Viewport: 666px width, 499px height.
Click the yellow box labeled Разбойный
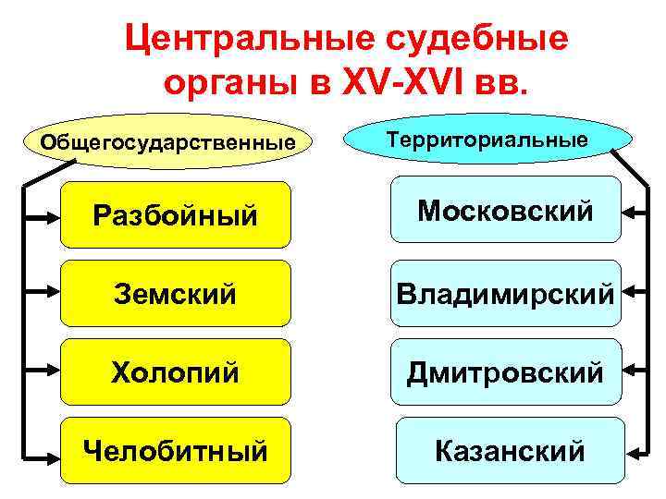[x=176, y=215]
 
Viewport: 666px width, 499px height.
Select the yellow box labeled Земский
[x=176, y=294]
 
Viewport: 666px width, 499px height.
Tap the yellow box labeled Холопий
[x=176, y=371]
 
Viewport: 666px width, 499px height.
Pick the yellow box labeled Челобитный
[x=176, y=450]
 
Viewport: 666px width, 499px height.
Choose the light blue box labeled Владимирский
[x=505, y=294]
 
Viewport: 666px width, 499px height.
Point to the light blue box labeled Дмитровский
[x=505, y=371]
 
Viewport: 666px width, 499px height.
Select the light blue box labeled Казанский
[x=509, y=450]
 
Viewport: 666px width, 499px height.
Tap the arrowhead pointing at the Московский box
[x=630, y=213]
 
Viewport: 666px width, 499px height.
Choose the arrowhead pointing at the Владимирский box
[x=630, y=294]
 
